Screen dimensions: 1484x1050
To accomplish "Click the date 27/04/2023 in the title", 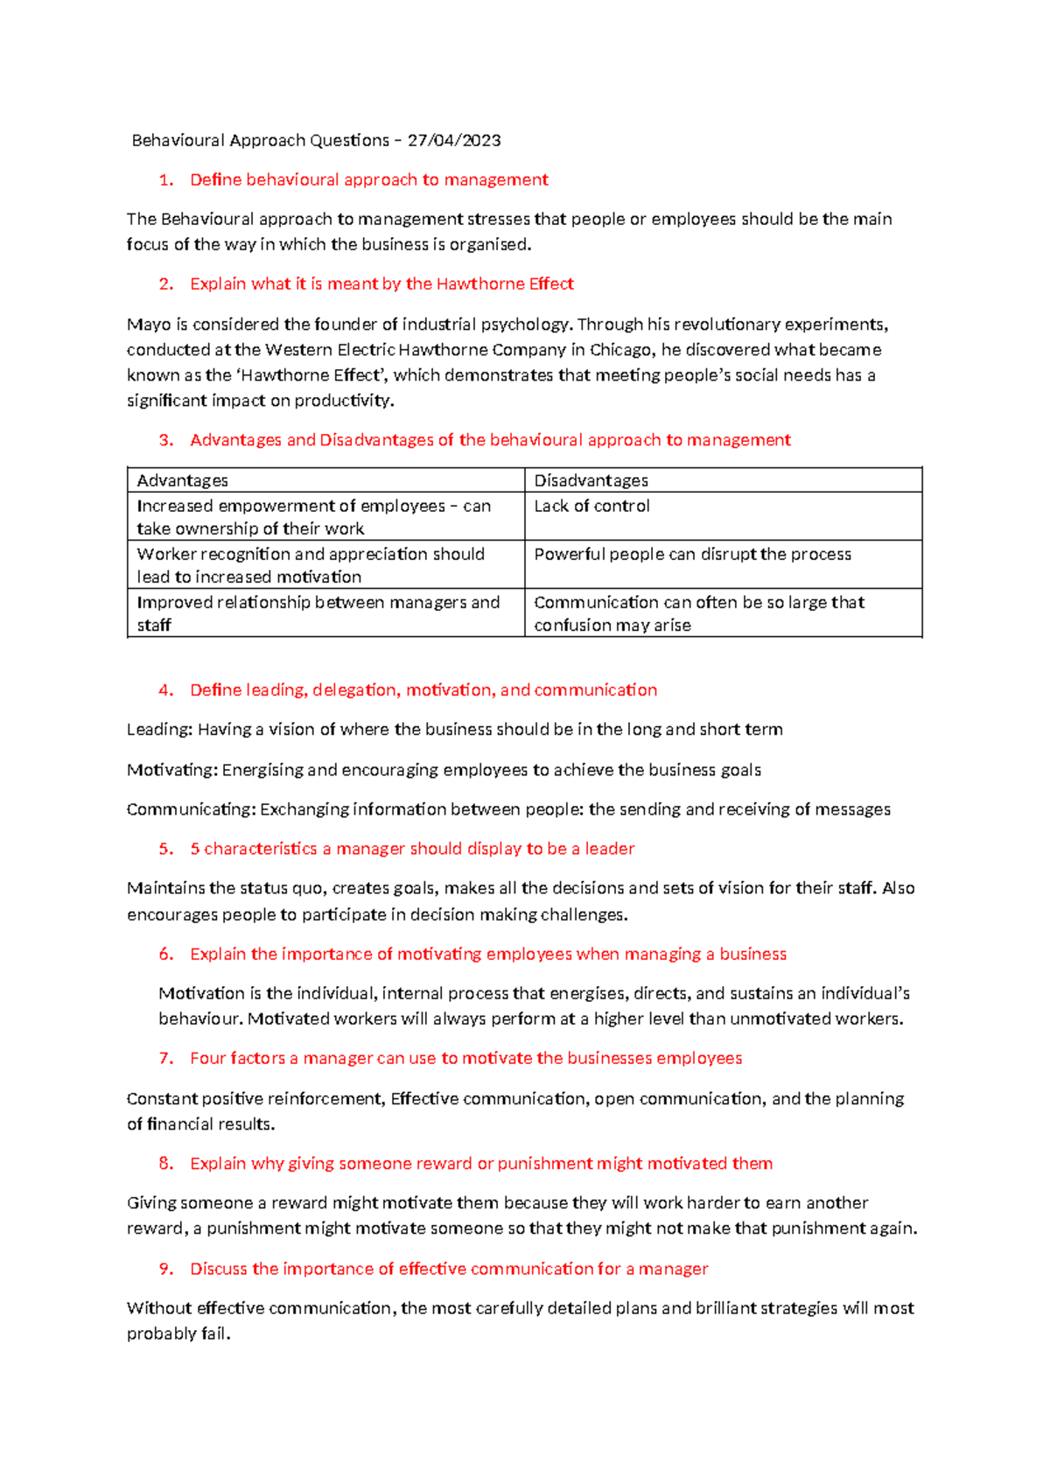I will coord(454,140).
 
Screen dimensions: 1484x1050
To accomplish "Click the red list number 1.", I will coord(165,180).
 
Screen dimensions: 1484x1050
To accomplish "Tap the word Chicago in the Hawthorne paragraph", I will coord(621,350).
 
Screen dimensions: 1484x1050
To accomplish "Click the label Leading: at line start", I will coord(159,730).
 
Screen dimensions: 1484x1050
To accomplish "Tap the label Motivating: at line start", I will coord(172,770).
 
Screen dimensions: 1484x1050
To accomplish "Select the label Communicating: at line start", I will coord(191,809).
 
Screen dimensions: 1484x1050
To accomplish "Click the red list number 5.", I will coord(165,849).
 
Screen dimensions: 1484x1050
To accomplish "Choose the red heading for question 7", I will coord(465,1059).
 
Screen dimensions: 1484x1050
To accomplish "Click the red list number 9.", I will coord(165,1269).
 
